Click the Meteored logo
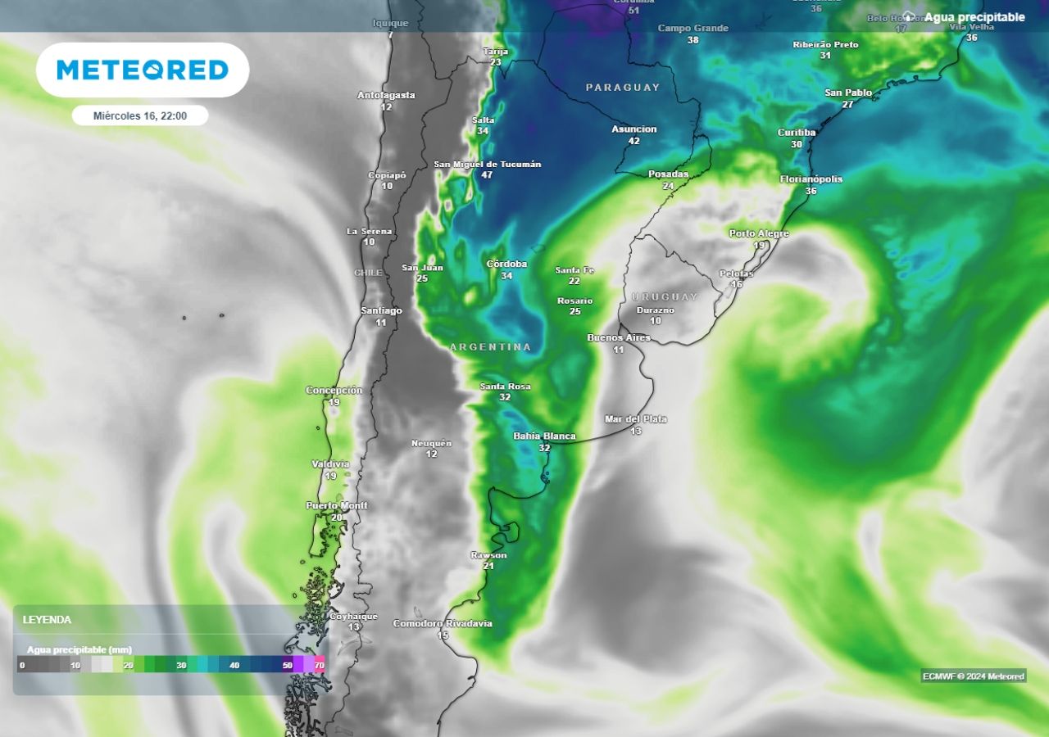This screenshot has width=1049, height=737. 143,70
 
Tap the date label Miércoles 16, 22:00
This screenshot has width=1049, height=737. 140,116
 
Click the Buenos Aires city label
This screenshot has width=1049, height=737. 619,337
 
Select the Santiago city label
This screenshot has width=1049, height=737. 381,311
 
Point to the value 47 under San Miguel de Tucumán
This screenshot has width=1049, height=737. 487,175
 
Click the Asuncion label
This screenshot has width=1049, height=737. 633,129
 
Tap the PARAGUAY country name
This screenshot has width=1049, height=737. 623,87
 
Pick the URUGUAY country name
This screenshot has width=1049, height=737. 665,296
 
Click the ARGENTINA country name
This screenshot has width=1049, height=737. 490,347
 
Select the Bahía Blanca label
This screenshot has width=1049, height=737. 544,436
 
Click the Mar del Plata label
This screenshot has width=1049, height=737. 635,419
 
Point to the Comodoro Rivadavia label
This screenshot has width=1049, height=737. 443,623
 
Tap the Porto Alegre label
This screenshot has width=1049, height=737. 759,233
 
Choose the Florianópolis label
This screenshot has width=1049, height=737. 811,179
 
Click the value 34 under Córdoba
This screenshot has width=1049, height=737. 506,276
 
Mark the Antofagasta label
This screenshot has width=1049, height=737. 386,96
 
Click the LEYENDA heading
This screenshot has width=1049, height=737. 47,620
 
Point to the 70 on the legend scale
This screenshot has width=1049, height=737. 319,665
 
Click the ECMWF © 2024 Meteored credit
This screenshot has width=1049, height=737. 973,676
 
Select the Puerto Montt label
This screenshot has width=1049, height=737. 337,505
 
